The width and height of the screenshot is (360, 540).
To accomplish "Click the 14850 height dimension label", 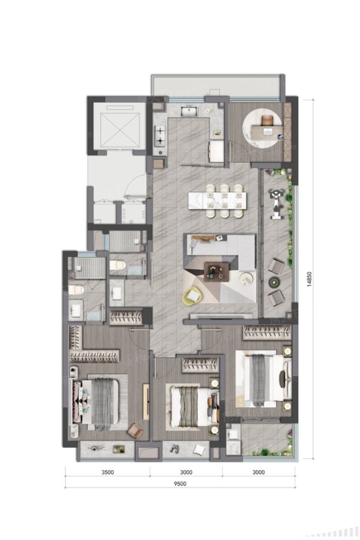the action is click(x=309, y=279).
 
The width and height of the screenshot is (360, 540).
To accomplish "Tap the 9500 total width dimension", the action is click(x=180, y=484).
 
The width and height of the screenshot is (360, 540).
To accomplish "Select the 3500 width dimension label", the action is click(x=108, y=472).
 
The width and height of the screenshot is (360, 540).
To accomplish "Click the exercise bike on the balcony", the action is click(x=276, y=204).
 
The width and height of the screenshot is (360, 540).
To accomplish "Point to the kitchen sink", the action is click(x=189, y=111).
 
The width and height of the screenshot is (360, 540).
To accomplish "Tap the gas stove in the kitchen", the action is click(x=160, y=136).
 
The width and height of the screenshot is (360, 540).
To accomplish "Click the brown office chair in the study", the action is click(x=267, y=120).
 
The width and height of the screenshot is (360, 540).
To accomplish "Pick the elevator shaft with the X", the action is click(x=120, y=130).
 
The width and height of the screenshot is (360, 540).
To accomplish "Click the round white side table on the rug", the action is click(x=247, y=279).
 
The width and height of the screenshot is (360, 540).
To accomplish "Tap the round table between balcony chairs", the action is click(x=275, y=282).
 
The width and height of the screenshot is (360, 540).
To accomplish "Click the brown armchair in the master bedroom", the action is click(x=135, y=430).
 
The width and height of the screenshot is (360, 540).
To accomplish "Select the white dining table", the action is click(x=217, y=200).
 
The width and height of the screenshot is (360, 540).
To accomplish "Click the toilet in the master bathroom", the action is click(x=76, y=289).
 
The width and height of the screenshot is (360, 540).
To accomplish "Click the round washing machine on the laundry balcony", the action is click(x=234, y=448).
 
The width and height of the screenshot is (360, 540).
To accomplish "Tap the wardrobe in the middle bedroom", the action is click(x=200, y=365).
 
